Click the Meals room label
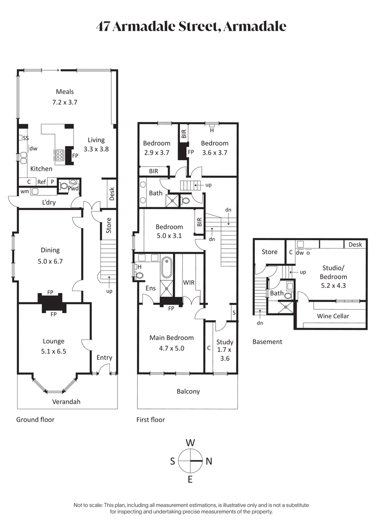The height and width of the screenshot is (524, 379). coord(65,92)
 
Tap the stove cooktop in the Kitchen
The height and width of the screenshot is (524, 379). coord(61,155)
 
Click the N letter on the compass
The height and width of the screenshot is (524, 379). coord(209,461)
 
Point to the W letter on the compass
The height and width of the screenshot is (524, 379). coord(190,442)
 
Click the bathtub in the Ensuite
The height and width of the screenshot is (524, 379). coord(167,267)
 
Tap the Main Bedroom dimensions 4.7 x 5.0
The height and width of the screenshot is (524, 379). coord(171,348)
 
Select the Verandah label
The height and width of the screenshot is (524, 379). coord(66,402)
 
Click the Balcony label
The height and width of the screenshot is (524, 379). coord(188,392)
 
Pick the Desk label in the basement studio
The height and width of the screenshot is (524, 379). coord(355,245)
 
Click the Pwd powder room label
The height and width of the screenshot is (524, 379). coord(73,188)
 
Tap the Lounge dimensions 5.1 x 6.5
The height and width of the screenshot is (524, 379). coord(53,351)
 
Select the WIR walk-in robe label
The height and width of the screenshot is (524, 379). coord(189,283)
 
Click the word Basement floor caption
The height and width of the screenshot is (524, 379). coord(267,341)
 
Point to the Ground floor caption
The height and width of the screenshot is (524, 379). coord(36,420)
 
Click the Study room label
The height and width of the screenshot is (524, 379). coord(225,342)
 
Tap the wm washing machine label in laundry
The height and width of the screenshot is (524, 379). coord(24,192)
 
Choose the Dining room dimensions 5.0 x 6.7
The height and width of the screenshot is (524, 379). coord(50,260)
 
